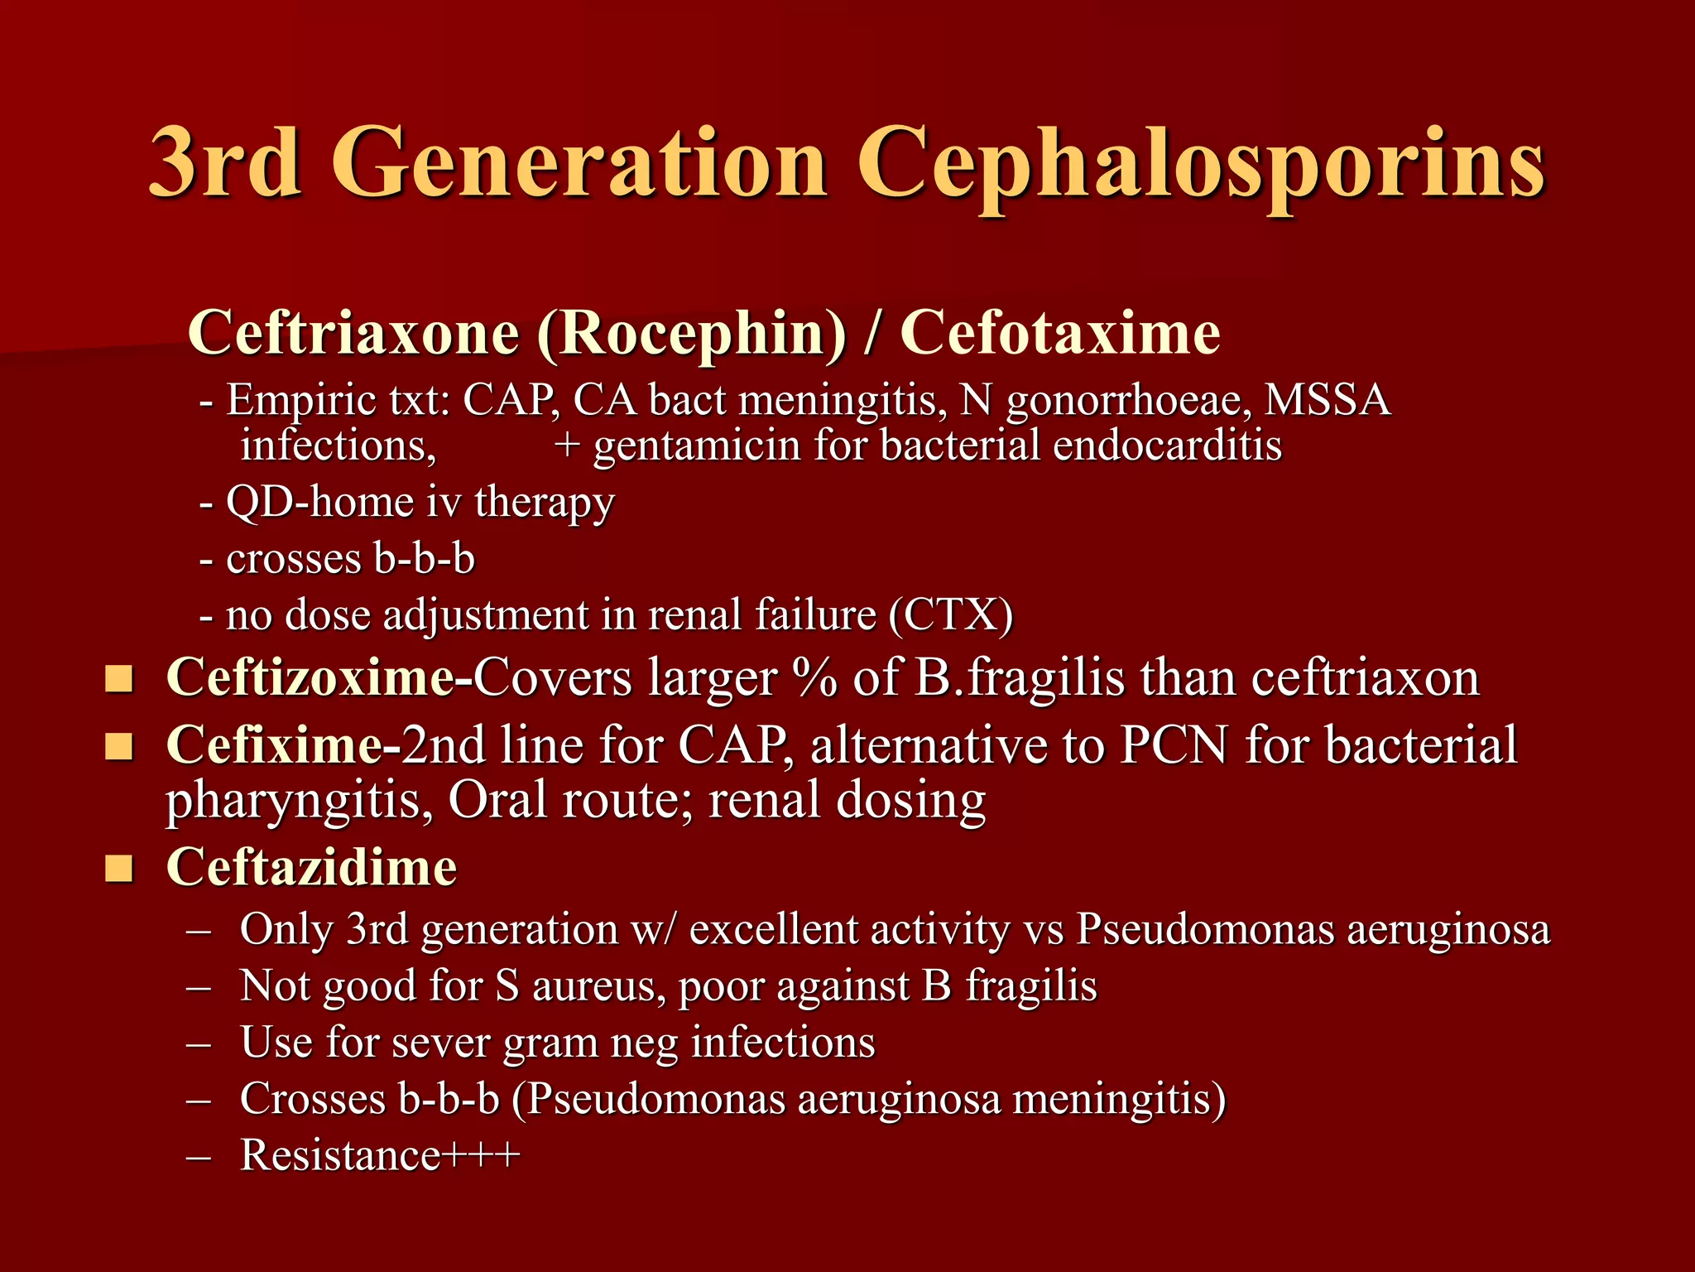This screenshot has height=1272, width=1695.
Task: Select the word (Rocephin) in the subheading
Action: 692,334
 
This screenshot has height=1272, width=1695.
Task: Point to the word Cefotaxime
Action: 1060,332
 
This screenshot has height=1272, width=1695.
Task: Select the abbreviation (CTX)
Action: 951,614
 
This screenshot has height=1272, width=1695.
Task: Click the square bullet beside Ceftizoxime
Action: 119,680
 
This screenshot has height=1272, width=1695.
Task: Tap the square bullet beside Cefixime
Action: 119,746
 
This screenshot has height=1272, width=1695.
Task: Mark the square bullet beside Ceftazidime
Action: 119,870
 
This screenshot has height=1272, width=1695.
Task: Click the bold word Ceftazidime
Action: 312,868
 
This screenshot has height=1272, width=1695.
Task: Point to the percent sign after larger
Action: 814,678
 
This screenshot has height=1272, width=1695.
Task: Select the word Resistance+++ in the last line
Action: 380,1155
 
